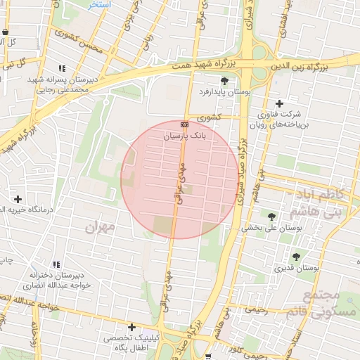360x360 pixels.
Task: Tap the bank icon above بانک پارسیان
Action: [185, 124]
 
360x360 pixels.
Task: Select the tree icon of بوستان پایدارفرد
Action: [224, 80]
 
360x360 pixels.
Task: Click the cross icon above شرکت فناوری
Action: [279, 103]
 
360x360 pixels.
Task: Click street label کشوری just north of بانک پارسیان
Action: [209, 118]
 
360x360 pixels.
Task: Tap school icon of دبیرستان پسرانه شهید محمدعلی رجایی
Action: [62, 68]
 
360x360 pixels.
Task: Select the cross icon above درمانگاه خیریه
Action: [18, 200]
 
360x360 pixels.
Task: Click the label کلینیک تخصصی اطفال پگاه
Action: [131, 344]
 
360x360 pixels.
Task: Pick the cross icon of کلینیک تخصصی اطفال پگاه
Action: [131, 327]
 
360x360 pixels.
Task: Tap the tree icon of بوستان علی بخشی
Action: [271, 217]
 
